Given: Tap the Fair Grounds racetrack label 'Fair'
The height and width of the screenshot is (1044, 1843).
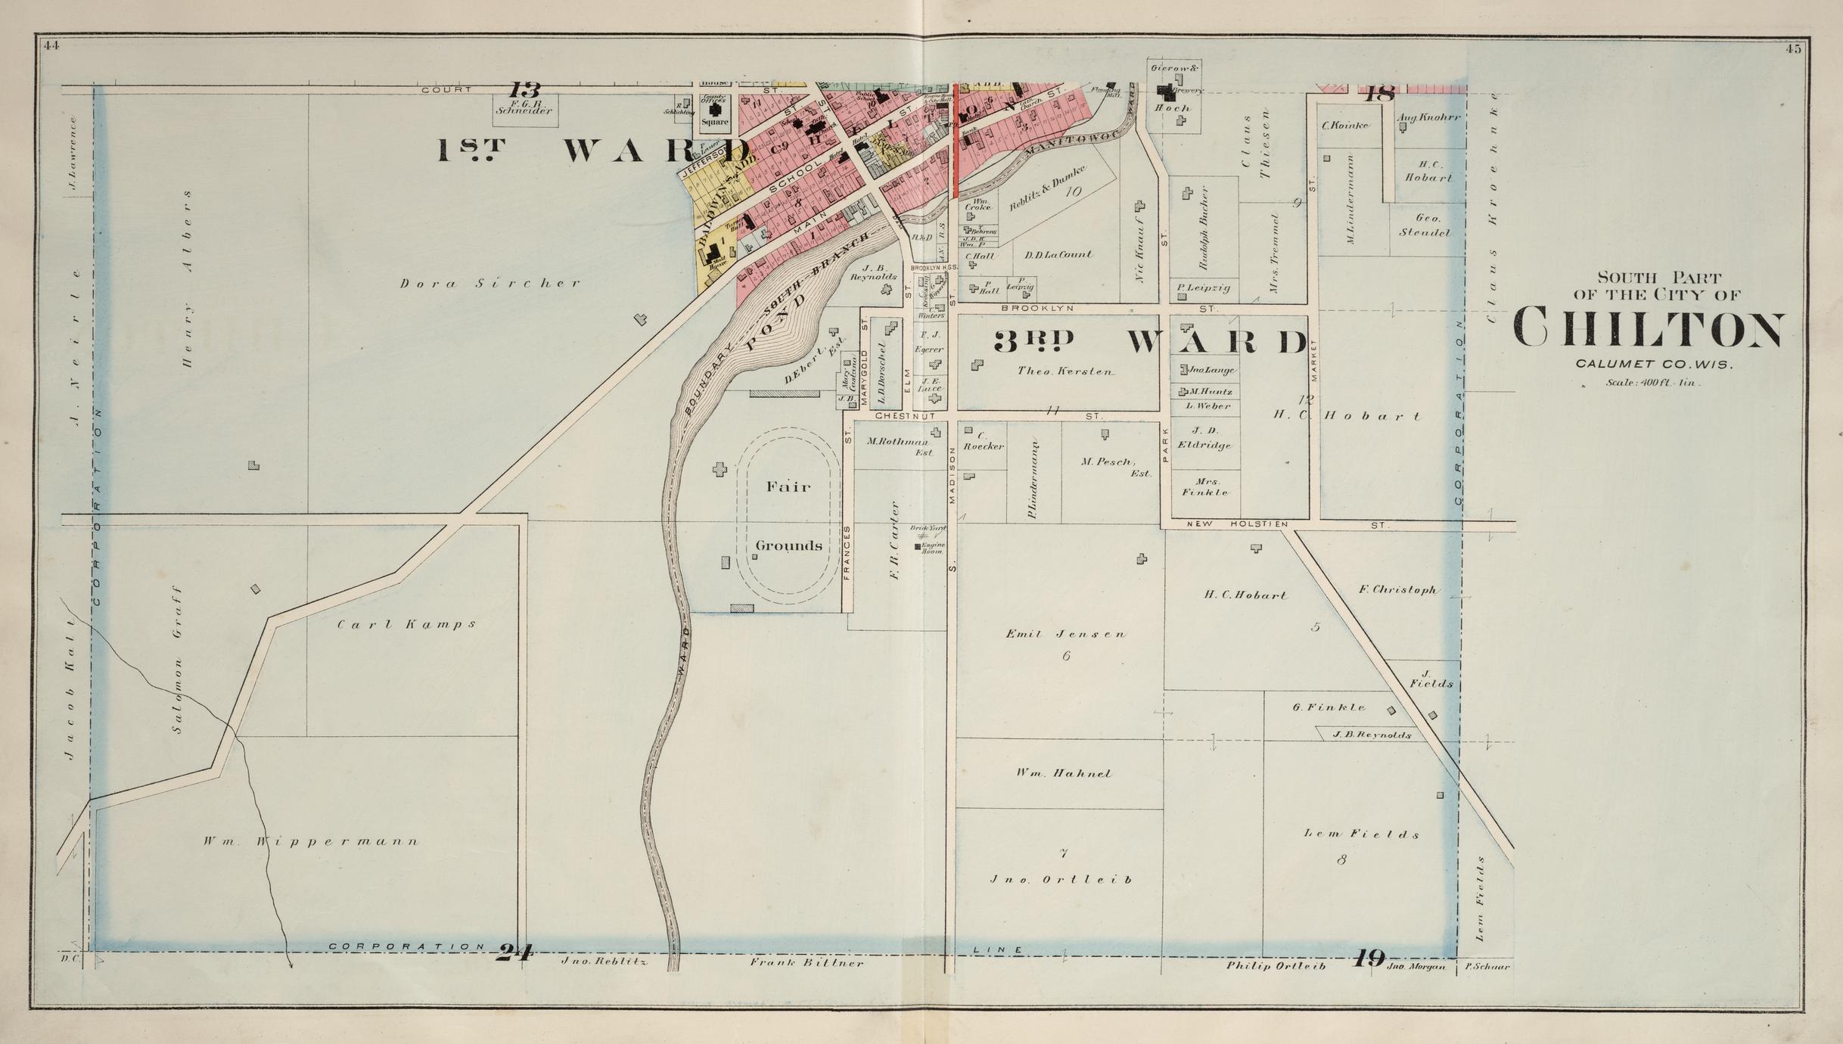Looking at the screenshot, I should (788, 486).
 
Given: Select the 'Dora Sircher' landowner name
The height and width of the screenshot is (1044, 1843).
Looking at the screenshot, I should (490, 284).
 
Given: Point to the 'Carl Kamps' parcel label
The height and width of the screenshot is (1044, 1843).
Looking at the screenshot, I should (406, 625).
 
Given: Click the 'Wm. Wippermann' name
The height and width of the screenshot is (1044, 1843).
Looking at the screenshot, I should (310, 841).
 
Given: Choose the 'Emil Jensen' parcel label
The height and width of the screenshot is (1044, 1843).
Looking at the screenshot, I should (1065, 634).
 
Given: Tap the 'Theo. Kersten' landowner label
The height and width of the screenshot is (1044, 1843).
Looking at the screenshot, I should (1064, 371).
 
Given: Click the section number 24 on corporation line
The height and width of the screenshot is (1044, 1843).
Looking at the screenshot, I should (514, 952).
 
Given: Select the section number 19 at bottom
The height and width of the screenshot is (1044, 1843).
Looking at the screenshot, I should (1368, 959).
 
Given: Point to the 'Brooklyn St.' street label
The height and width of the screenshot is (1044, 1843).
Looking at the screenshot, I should (1036, 309).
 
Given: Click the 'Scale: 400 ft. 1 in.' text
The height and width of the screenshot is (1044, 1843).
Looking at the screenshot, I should (1652, 383).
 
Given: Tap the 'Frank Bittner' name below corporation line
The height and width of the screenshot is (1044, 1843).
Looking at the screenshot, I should (806, 963).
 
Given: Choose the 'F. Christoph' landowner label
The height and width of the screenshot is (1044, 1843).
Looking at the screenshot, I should (1397, 590).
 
